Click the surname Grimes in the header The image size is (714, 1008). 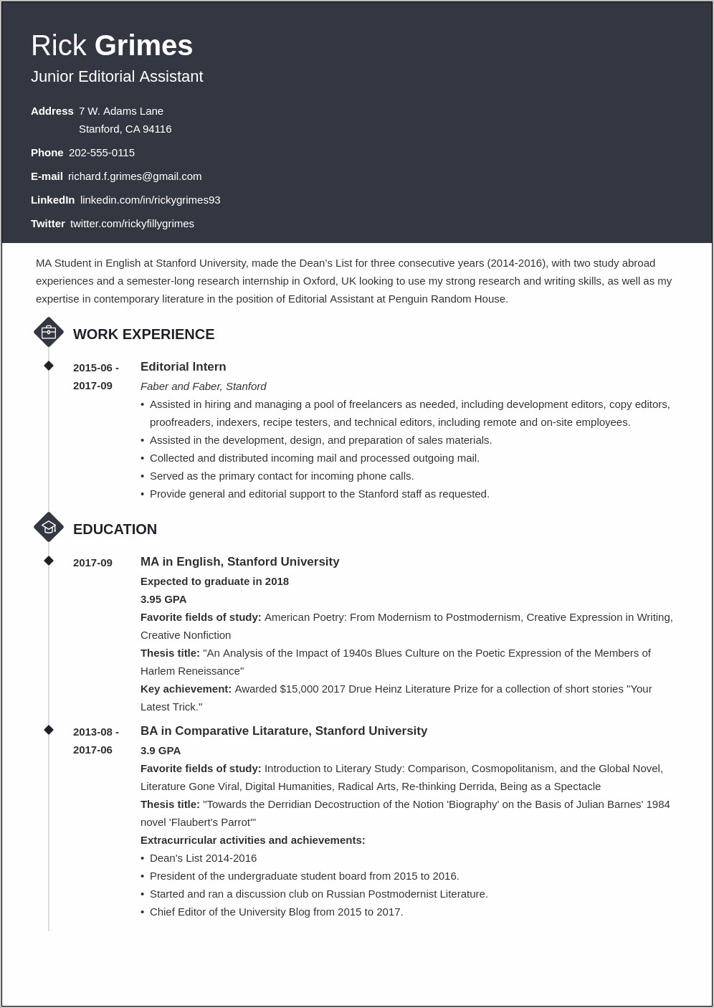tap(143, 46)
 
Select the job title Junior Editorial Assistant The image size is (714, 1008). tap(117, 77)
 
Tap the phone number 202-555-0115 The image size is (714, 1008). tap(102, 153)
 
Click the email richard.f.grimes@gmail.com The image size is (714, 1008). tap(135, 176)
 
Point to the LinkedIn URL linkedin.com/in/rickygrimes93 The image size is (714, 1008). tap(150, 200)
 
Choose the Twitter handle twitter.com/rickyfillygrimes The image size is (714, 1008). tap(132, 224)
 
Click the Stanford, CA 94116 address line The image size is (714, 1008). tap(125, 129)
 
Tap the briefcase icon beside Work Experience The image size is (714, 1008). tap(49, 333)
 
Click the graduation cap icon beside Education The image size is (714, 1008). tap(49, 528)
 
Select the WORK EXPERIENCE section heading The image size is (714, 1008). tap(143, 334)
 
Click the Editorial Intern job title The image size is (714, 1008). tap(183, 367)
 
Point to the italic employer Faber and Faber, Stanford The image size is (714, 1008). tap(203, 386)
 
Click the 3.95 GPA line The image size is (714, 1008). tap(163, 599)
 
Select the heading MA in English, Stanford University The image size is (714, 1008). tap(239, 562)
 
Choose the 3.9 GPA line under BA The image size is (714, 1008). tap(161, 751)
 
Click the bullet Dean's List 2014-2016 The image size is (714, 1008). tap(203, 858)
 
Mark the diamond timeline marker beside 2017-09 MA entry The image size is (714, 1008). tap(49, 561)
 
